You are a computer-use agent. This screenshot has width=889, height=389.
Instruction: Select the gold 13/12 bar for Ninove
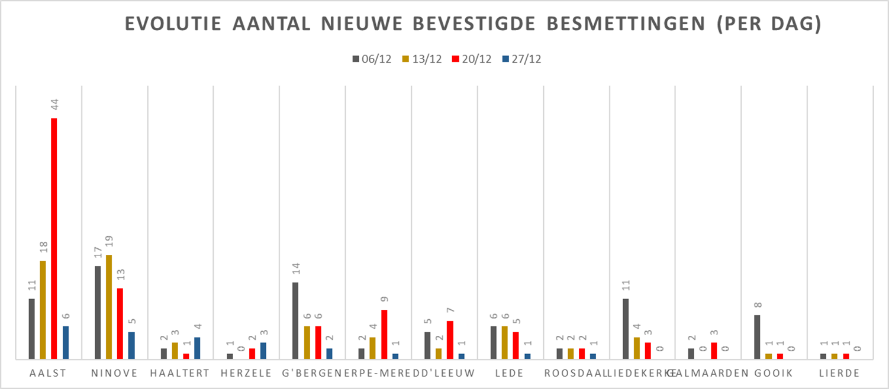pyautogui.click(x=109, y=307)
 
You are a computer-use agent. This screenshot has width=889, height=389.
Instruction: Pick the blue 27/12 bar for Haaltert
pyautogui.click(x=197, y=348)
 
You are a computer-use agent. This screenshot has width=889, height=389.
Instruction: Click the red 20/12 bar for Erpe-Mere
pyautogui.click(x=384, y=334)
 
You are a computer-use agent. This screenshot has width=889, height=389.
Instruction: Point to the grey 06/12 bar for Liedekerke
pyautogui.click(x=626, y=329)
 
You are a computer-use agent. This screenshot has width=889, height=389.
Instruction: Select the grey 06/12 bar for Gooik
pyautogui.click(x=758, y=337)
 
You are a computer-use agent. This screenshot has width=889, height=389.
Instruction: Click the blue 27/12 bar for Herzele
pyautogui.click(x=263, y=351)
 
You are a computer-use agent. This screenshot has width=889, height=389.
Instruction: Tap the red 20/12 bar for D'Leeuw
pyautogui.click(x=450, y=339)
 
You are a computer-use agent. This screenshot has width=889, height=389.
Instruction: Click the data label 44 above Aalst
pyautogui.click(x=54, y=105)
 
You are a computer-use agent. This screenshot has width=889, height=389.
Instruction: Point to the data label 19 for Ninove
pyautogui.click(x=109, y=242)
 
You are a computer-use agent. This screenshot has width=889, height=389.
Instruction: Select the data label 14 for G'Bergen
pyautogui.click(x=295, y=270)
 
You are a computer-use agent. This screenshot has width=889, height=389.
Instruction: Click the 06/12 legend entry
pyautogui.click(x=372, y=59)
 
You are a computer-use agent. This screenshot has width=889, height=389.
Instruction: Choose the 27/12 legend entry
pyautogui.click(x=524, y=59)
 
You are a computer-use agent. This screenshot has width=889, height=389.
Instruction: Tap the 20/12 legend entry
pyautogui.click(x=473, y=59)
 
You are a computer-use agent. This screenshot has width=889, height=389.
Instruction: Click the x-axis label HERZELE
pyautogui.click(x=246, y=373)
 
